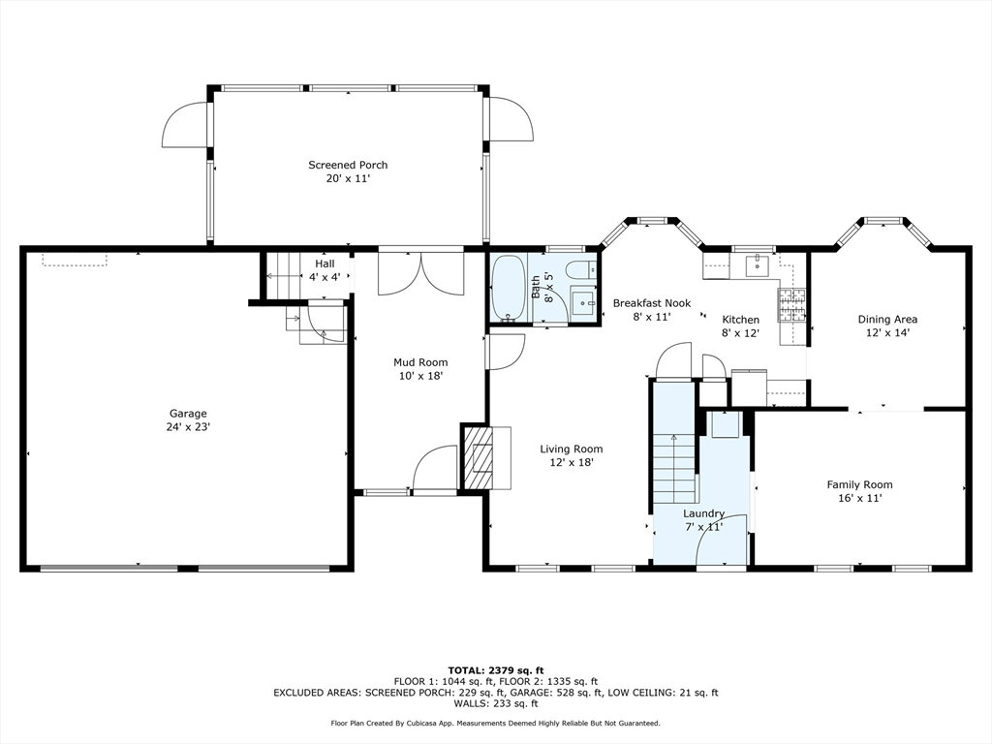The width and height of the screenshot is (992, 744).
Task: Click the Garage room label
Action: (x=188, y=414)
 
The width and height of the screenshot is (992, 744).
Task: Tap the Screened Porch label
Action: (x=348, y=165)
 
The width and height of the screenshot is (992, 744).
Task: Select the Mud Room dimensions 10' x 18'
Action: (x=420, y=376)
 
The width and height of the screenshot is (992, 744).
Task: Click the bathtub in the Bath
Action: (x=508, y=288)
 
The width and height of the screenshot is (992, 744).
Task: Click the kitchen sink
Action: (x=758, y=265)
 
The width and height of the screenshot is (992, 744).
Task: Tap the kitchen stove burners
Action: (x=792, y=306)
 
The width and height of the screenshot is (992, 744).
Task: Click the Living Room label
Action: (x=572, y=449)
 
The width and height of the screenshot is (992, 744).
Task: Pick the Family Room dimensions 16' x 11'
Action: (x=860, y=499)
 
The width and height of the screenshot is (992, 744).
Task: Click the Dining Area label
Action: (x=887, y=320)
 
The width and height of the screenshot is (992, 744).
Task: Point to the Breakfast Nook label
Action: (x=652, y=303)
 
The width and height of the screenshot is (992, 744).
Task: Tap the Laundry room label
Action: (x=703, y=513)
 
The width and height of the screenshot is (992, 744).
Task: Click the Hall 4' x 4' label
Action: (x=325, y=270)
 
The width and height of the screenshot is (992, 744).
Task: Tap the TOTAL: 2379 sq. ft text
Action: (x=496, y=670)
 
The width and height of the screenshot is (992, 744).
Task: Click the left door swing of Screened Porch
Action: (x=185, y=125)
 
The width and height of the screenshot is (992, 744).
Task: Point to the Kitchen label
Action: (x=741, y=320)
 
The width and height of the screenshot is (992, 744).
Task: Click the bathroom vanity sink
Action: (x=582, y=303)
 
